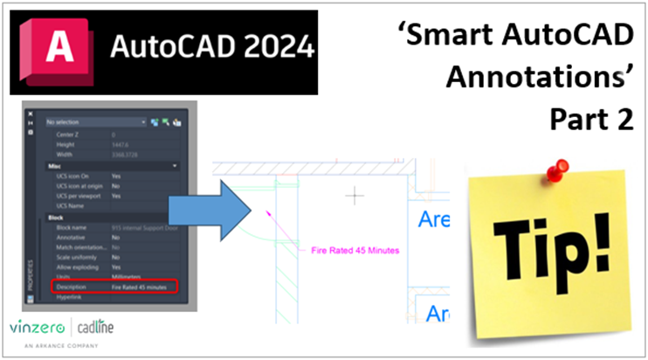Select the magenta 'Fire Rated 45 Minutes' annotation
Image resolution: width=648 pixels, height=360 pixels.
coord(355,251)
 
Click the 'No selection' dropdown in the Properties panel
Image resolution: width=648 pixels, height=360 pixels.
coord(96,123)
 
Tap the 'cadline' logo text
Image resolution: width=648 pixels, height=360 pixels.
coord(95,327)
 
